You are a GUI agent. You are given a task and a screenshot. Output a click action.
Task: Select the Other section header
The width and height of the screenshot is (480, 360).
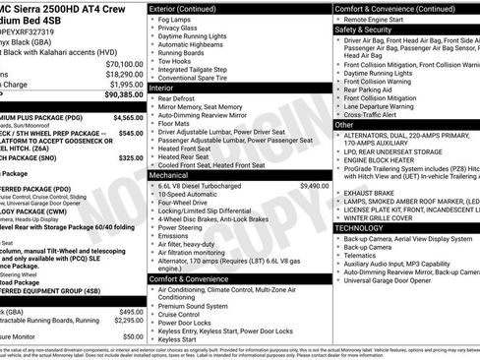(x=345, y=125)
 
